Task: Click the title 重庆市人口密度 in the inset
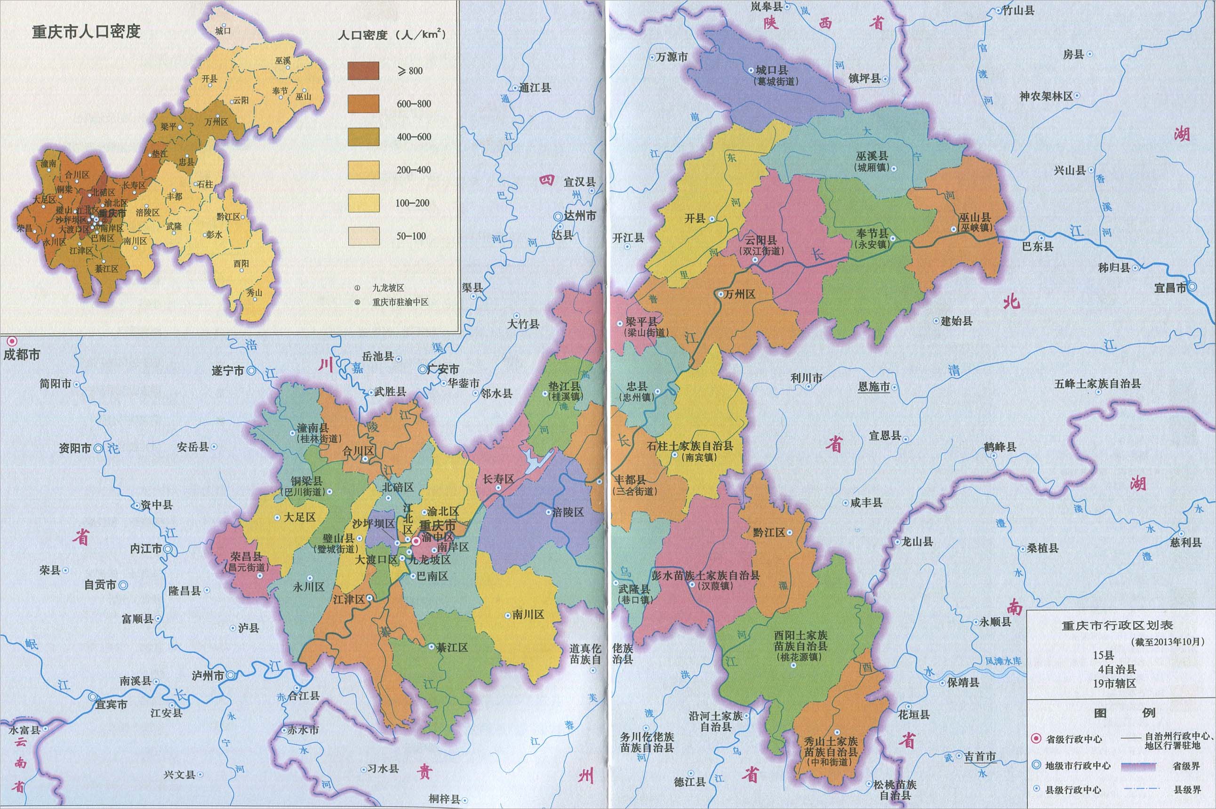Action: click(x=86, y=32)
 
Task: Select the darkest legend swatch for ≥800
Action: click(x=363, y=71)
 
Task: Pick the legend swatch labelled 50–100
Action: click(x=363, y=236)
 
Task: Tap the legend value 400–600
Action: click(x=414, y=137)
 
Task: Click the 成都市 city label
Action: click(x=22, y=354)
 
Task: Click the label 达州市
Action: click(x=579, y=216)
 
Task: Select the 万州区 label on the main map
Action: click(x=740, y=294)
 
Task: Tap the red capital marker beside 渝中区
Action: click(x=416, y=541)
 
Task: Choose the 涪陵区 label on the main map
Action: click(x=568, y=513)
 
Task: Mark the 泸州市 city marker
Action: click(x=231, y=675)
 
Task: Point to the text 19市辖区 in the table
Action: click(x=1114, y=683)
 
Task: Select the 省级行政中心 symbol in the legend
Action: click(x=1035, y=739)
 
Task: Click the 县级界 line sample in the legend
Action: click(x=1140, y=789)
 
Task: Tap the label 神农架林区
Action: click(x=1046, y=96)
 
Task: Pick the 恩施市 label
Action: click(x=873, y=386)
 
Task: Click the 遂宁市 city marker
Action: click(x=251, y=370)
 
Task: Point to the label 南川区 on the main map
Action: click(x=528, y=615)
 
